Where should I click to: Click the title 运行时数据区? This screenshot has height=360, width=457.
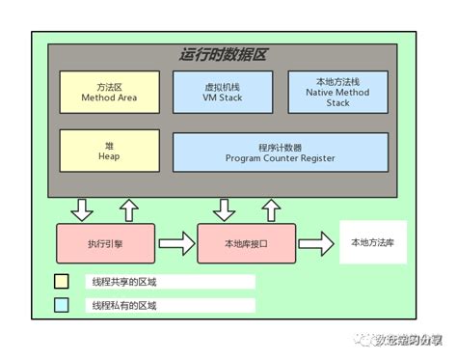pos(229,55)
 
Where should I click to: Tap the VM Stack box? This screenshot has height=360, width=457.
pos(224,92)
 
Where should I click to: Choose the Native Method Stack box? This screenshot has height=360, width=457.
pos(337,92)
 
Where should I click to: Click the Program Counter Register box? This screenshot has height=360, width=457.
pos(280,152)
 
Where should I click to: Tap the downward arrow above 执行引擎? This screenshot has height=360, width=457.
pos(82,208)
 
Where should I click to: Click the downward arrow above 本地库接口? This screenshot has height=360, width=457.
pos(224,208)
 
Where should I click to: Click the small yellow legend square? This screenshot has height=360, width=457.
pos(62,282)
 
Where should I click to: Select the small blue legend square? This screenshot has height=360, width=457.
pos(62,305)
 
